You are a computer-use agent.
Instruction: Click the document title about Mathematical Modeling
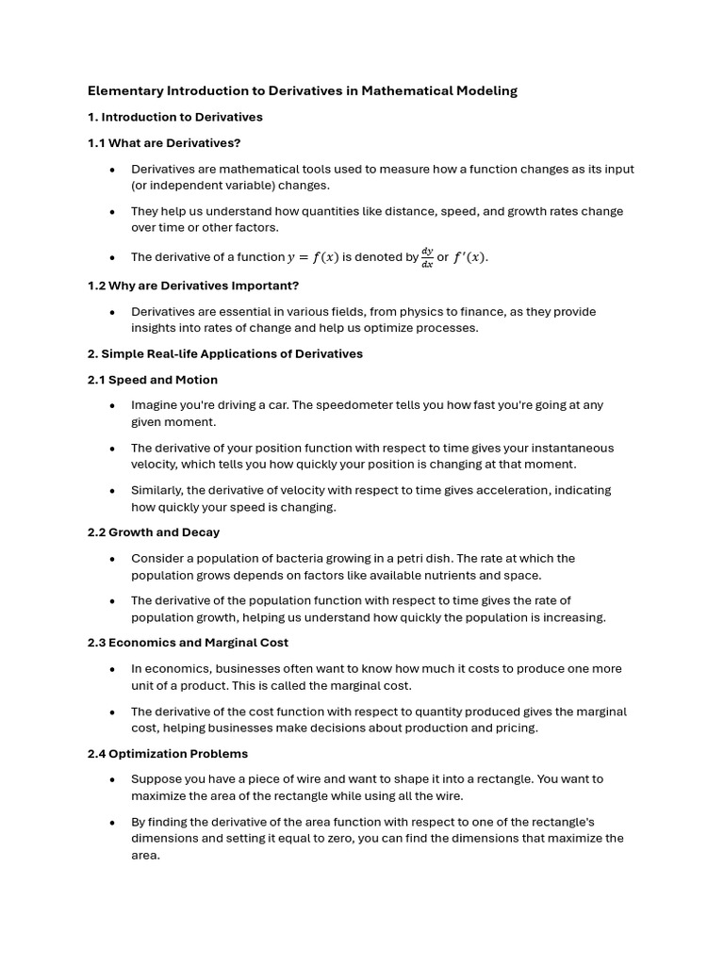coord(303,91)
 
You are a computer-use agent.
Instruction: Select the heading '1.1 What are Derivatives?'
coord(164,143)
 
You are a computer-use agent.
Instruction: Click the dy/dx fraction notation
coord(427,257)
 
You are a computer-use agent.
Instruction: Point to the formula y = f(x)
coord(313,257)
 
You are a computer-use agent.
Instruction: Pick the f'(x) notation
coord(470,257)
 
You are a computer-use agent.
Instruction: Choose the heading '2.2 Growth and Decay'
coord(154,532)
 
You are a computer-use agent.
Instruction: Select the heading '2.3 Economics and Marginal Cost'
coord(188,643)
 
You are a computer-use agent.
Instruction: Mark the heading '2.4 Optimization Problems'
coord(168,754)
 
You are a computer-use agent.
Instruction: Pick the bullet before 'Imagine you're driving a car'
coord(112,406)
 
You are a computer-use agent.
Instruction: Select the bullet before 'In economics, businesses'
coord(112,669)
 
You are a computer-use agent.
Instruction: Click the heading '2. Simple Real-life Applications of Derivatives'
coord(225,354)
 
